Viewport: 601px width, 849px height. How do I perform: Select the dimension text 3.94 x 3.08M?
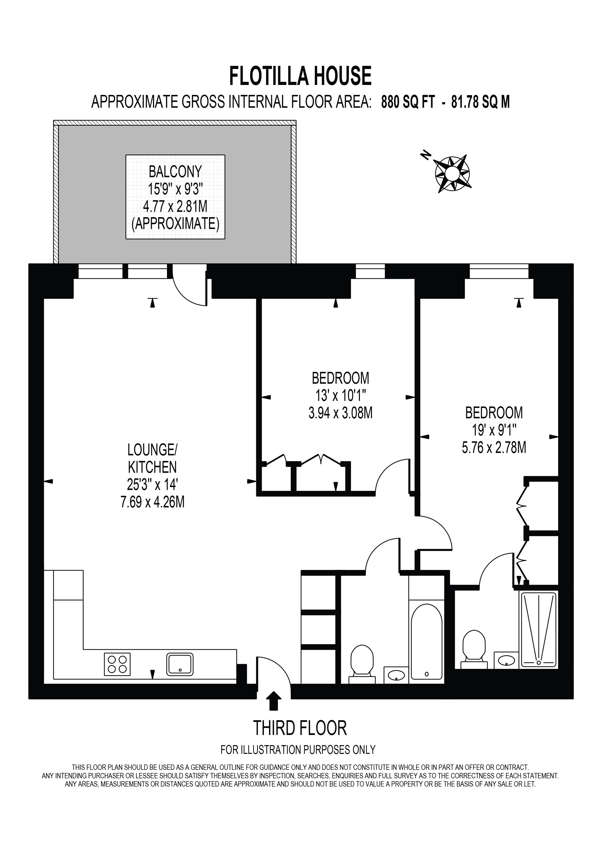pos(340,413)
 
